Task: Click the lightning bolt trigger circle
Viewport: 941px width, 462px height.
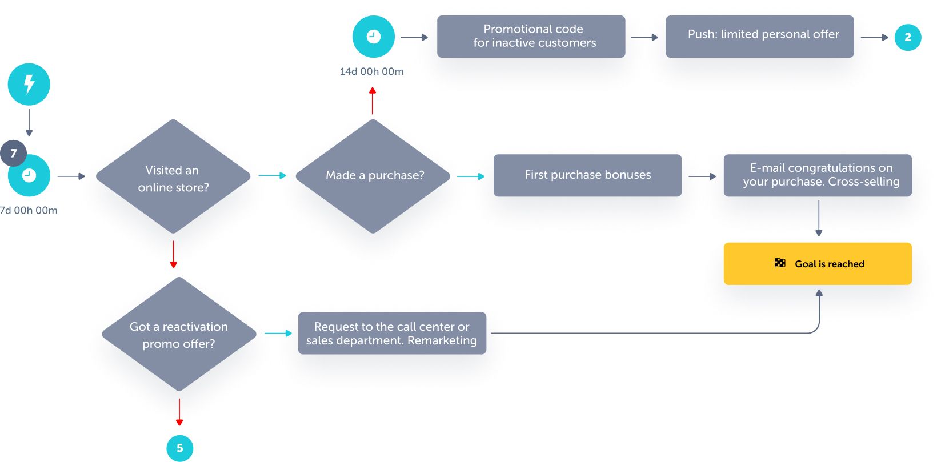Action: tap(29, 85)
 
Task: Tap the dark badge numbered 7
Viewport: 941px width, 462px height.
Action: tap(14, 153)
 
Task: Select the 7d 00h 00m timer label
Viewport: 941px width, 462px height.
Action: tap(29, 210)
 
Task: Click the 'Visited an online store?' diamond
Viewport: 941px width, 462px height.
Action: tap(173, 177)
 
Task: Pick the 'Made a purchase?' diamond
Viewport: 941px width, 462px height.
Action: tap(374, 176)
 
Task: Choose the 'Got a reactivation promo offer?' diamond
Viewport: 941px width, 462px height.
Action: tap(179, 335)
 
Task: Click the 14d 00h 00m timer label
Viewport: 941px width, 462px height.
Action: tap(371, 71)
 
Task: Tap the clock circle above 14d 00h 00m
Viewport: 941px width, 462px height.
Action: tap(373, 37)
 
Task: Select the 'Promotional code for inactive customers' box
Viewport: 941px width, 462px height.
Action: tap(531, 37)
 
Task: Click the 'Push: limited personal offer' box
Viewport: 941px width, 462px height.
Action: tap(759, 37)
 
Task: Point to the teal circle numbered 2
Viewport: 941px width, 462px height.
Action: tap(907, 37)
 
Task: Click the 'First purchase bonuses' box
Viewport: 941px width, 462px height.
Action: tap(587, 175)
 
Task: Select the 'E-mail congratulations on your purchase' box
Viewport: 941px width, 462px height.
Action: tap(818, 175)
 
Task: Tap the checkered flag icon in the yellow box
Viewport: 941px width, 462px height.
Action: tap(780, 263)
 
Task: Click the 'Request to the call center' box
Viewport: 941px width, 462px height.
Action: tap(392, 333)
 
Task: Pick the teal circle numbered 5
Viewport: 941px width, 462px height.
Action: tap(179, 448)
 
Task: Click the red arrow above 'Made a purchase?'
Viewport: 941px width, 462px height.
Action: tap(373, 101)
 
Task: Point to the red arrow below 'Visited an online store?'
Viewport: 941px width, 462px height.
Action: tap(173, 255)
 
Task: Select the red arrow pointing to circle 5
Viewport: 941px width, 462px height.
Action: tap(179, 412)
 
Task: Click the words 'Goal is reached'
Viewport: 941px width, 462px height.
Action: tap(829, 264)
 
